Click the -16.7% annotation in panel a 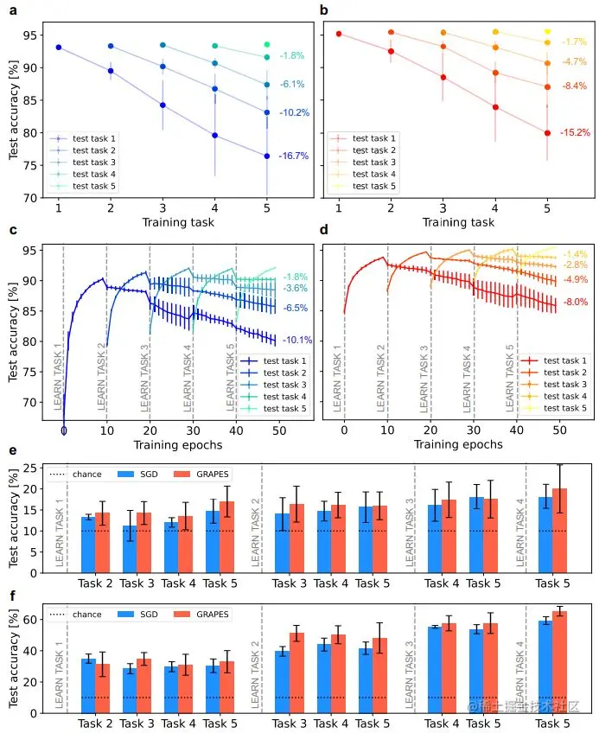295,156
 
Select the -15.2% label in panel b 575,133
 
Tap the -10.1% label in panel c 296,340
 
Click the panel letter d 324,230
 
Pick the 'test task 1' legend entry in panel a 94,138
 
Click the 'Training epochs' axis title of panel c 177,444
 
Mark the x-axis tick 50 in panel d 559,428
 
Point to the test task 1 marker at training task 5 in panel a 267,156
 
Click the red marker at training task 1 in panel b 339,34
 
